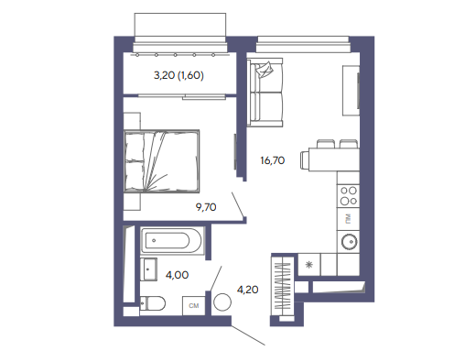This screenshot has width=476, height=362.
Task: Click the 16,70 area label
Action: click(273, 160)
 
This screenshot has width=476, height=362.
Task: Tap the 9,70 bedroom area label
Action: click(206, 207)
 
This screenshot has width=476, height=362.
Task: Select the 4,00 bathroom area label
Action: click(177, 275)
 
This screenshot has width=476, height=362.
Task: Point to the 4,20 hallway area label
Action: click(248, 290)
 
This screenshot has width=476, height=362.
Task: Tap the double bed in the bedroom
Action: click(162, 161)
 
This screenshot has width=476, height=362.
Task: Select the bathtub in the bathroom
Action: click(172, 241)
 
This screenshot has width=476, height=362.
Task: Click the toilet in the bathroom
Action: click(153, 303)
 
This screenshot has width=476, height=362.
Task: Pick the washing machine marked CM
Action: click(194, 305)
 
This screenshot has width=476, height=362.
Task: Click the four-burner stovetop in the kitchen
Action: click(349, 196)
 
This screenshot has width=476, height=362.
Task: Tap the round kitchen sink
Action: click(349, 242)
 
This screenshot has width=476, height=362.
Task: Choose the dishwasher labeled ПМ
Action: click(348, 219)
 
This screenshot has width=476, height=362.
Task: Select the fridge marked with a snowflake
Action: click(309, 265)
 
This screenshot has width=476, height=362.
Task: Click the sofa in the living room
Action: click(265, 93)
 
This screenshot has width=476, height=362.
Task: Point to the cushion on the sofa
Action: click(265, 70)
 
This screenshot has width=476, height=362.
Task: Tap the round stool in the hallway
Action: click(222, 302)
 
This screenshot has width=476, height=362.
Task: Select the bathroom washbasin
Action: click(148, 269)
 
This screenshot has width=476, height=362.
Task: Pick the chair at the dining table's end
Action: click(305, 159)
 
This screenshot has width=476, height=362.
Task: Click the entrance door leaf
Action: click(248, 335)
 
